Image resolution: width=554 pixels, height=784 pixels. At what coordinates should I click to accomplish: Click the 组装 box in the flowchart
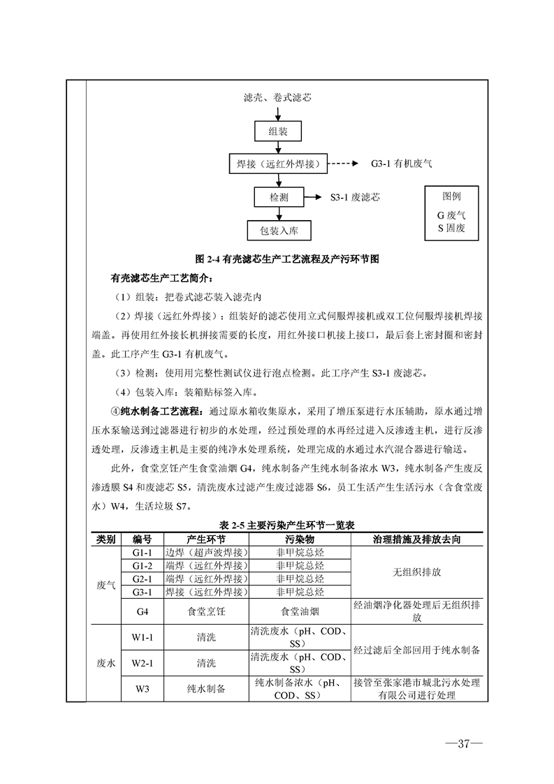click(x=278, y=131)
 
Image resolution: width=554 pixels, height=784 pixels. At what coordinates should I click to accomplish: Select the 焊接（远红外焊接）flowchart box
click(x=279, y=164)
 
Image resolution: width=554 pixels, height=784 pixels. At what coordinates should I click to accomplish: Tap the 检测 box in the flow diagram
click(x=279, y=198)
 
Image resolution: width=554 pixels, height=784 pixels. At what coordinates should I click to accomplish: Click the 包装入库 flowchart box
click(x=279, y=231)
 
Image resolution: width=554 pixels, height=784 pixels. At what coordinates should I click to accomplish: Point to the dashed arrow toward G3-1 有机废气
click(x=344, y=164)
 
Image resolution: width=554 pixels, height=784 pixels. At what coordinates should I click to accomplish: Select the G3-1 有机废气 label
click(x=402, y=164)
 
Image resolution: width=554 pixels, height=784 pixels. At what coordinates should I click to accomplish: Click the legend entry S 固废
click(x=451, y=228)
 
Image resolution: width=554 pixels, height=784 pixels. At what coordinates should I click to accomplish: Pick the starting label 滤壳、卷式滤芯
click(x=277, y=98)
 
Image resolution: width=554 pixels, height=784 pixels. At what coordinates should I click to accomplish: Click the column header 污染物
click(x=300, y=539)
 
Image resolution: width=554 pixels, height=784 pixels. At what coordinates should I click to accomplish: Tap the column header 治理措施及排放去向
click(x=416, y=539)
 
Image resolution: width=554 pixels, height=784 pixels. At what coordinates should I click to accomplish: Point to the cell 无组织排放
click(x=417, y=572)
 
